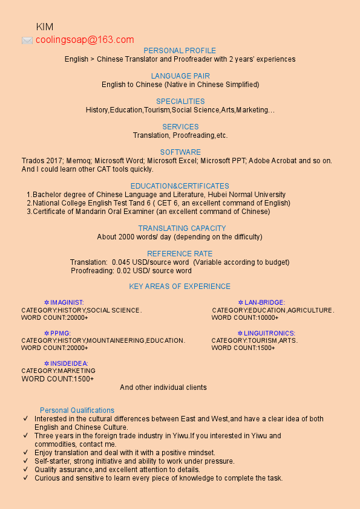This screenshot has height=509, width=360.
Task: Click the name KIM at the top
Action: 45,27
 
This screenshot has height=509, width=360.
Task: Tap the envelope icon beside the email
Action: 27,41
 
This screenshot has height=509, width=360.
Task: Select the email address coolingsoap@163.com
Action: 85,40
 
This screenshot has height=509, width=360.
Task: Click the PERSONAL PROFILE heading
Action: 180,51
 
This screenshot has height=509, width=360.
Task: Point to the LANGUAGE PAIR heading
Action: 180,76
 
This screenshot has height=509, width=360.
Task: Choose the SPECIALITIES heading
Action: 180,102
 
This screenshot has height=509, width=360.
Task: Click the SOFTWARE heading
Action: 180,152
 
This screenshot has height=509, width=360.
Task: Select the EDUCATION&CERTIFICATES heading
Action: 180,186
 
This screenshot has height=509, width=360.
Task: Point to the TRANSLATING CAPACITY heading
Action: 182,229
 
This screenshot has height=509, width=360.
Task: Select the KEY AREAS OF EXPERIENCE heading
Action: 180,287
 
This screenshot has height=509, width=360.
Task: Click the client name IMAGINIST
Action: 67,302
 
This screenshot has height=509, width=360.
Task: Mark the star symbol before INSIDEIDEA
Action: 47,364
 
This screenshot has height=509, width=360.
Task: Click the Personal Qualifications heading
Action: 77,410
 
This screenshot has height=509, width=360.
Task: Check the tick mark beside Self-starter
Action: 25,461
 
